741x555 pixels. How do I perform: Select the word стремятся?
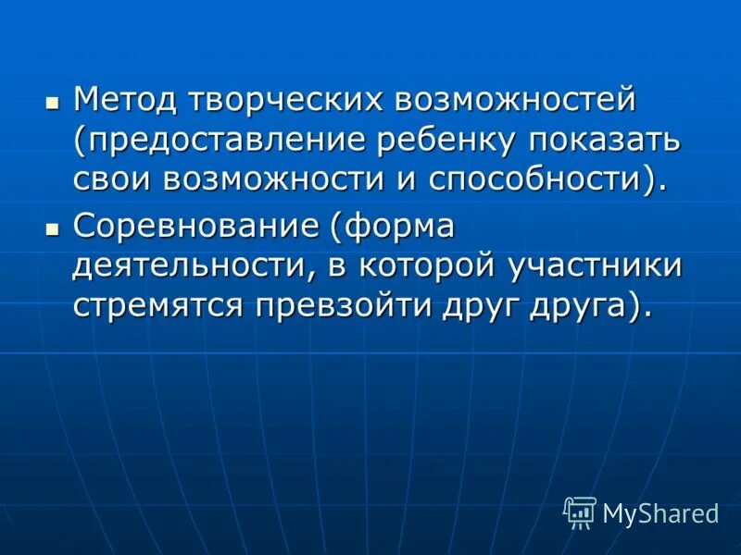coord(159,305)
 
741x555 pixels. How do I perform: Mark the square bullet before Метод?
coord(53,99)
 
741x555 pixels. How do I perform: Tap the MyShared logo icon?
coord(580,512)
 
